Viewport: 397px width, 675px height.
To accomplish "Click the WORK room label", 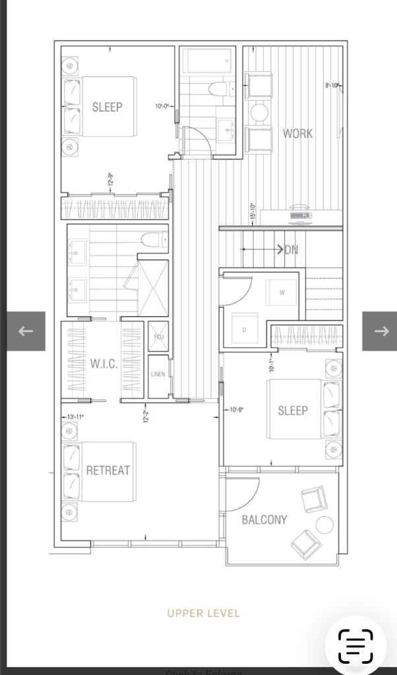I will coord(297,133).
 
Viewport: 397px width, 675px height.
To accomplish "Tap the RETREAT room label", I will coord(108,471).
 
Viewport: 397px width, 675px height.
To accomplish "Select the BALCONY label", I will coord(264,519).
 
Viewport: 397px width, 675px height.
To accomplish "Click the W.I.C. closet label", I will coord(104,364).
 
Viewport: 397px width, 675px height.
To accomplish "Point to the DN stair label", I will coord(290,250).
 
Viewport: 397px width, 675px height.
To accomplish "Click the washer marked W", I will coord(282,293).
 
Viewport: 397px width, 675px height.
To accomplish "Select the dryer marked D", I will coord(245,330).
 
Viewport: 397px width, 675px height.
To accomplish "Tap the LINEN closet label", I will coord(158,374).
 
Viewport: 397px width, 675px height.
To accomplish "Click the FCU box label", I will coord(158,337).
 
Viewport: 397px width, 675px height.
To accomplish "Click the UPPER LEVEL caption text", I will coord(203,613).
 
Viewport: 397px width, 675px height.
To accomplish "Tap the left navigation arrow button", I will coord(26,331).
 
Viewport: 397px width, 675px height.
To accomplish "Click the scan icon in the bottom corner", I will coord(355,646).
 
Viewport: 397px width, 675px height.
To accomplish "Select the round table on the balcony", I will coord(324,525).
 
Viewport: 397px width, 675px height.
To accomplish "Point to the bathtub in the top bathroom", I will coord(207,61).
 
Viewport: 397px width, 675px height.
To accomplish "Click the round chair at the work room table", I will coord(260,112).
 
